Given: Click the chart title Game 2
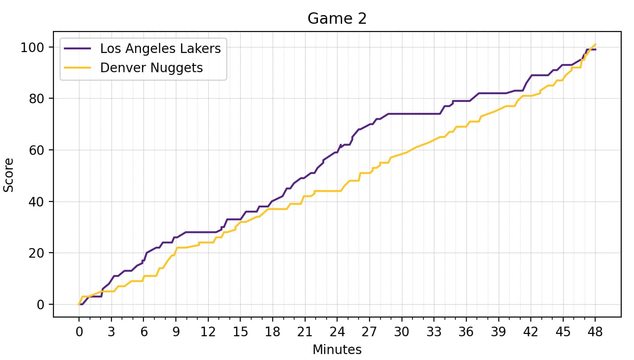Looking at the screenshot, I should tap(337, 19).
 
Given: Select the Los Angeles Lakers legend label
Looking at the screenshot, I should tap(160, 48).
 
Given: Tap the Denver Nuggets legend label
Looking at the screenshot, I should tap(151, 68).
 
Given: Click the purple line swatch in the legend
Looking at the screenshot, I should tap(78, 48).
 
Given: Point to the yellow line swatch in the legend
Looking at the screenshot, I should tap(78, 68).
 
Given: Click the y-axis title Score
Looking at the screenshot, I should tap(8, 175).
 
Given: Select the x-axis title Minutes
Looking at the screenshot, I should tap(337, 350).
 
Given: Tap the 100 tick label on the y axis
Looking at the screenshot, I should tap(32, 48).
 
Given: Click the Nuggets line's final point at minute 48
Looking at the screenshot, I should tap(595, 44).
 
